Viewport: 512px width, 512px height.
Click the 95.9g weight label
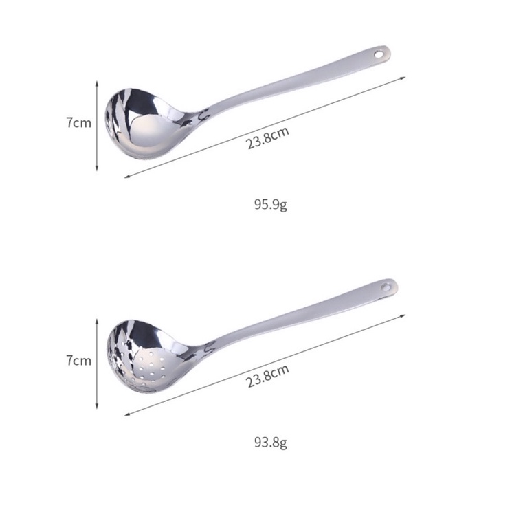pos(270,204)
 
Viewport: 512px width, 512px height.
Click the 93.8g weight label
pos(270,441)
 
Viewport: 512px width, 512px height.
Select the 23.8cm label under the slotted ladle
pos(267,376)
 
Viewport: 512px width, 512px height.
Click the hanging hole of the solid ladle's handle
pos(378,52)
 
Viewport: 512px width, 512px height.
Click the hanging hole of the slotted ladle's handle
pos(386,285)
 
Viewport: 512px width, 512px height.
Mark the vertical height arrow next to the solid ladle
pos(98,124)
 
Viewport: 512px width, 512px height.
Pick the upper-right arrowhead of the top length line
pos(403,78)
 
